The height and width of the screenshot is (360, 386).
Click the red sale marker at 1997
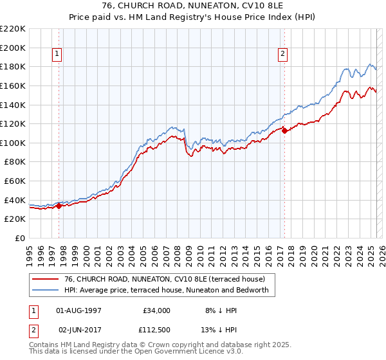(59, 206)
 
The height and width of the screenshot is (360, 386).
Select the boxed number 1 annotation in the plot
(59, 55)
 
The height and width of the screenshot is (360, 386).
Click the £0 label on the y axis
(19, 238)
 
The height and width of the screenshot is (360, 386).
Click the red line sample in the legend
(46, 279)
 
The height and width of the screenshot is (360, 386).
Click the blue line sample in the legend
(46, 291)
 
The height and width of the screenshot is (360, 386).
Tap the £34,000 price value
(157, 310)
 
